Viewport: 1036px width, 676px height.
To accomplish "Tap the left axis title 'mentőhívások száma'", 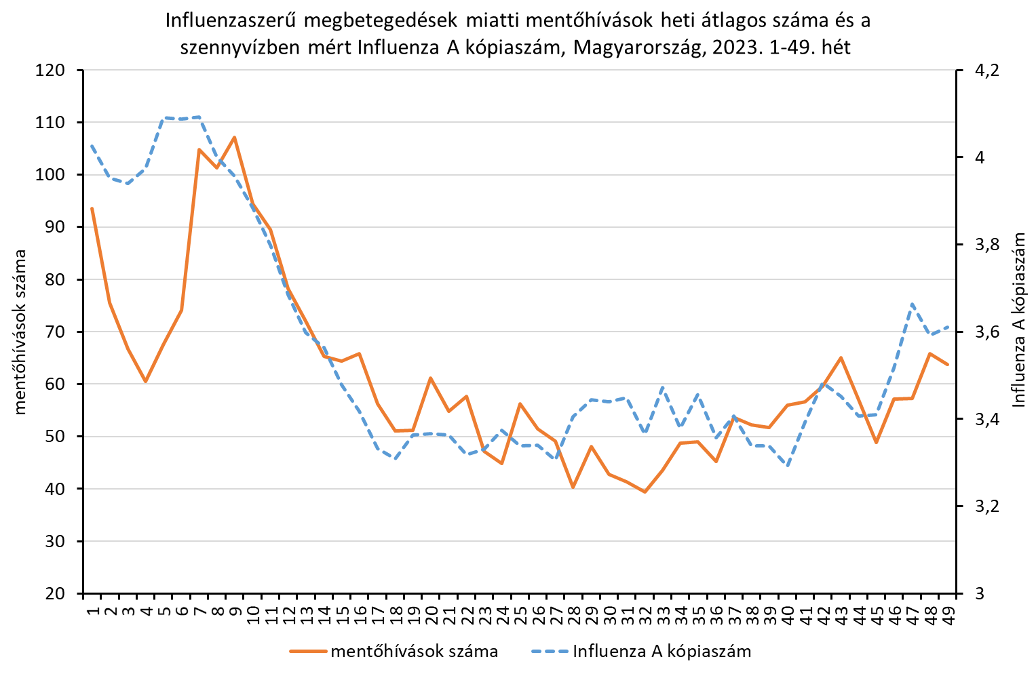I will point(20,332).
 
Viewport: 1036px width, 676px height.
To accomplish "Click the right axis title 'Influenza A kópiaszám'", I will point(1018,319).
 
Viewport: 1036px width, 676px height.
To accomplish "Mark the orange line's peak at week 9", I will point(234,138).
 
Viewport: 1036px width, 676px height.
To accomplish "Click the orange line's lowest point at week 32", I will point(645,492).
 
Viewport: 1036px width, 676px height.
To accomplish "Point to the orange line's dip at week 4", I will point(145,382).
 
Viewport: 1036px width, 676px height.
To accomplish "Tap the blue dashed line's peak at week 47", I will point(912,304).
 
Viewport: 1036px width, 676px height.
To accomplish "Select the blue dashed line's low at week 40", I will point(788,466).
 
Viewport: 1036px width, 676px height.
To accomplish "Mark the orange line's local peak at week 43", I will point(841,357).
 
